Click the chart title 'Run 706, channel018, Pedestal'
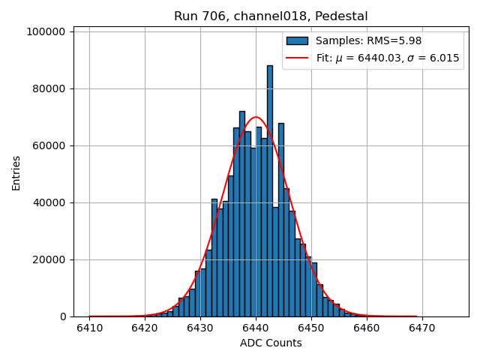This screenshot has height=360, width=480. [271, 16]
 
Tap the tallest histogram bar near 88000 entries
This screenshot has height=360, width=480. [270, 187]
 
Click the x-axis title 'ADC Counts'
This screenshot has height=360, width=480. [271, 343]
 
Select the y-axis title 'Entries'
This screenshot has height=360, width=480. [16, 173]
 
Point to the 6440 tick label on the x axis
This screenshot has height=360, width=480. [256, 328]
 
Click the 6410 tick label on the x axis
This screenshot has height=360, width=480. [90, 328]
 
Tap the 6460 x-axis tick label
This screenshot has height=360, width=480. [366, 328]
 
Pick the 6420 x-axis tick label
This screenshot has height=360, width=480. [145, 328]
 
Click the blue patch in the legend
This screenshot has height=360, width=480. [297, 40]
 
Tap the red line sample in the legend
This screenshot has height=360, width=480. [297, 58]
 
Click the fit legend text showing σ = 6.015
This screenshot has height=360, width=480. [388, 58]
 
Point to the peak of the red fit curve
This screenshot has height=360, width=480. [256, 117]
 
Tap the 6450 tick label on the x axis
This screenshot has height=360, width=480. [310, 328]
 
